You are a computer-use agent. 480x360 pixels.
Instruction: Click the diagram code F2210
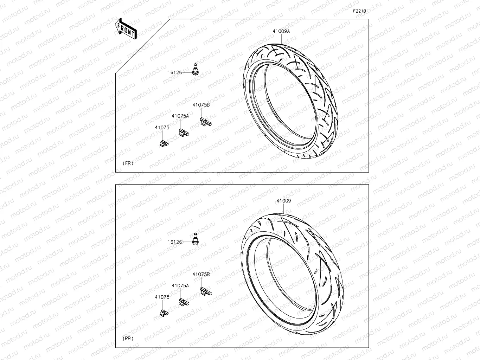coord(359,11)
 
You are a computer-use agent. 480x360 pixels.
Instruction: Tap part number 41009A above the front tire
coord(281,31)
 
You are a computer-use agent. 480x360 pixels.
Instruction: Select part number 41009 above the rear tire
coord(283,201)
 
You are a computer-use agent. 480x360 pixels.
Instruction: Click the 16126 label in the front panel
coord(174,72)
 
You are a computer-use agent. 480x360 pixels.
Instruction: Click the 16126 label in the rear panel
coord(174,242)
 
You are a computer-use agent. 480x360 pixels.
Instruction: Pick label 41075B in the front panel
coord(201,105)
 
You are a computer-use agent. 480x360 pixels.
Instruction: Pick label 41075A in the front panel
coord(180,116)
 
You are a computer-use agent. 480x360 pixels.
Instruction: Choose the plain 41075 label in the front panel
coord(162,128)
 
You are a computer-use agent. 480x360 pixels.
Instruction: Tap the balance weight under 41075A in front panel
coord(184,133)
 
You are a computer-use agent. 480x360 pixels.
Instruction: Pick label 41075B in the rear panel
coord(201,274)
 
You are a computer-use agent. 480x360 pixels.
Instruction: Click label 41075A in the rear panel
coord(180,286)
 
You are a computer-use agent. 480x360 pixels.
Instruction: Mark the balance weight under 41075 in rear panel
coord(164,313)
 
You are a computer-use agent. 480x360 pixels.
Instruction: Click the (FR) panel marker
coord(128,163)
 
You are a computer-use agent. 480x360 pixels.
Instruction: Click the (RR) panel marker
coord(128,339)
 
